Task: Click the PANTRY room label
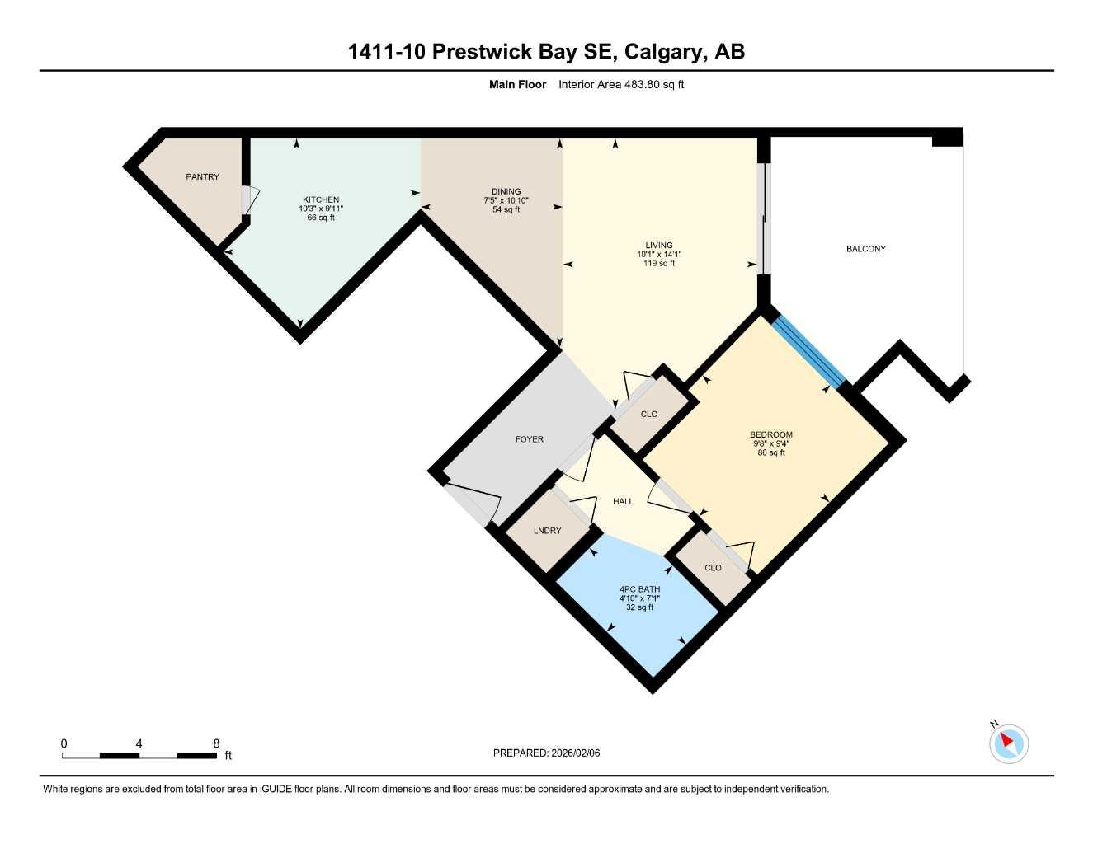tap(202, 177)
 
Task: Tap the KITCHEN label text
tap(321, 199)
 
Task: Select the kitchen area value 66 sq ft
tap(321, 218)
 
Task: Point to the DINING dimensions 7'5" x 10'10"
tap(506, 200)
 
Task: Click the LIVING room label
tap(659, 245)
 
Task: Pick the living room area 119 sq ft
tap(659, 264)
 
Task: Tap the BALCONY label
tap(865, 249)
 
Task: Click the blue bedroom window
tap(808, 352)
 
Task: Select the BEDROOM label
tap(770, 434)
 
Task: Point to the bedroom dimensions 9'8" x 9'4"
tap(770, 443)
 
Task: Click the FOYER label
tap(529, 439)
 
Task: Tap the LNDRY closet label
tap(547, 531)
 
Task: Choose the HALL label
tap(623, 501)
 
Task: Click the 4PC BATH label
tap(639, 589)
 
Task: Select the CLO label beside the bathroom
tap(713, 568)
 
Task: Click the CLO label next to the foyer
tap(649, 414)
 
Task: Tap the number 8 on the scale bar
tap(216, 743)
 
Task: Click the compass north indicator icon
tap(1008, 743)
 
